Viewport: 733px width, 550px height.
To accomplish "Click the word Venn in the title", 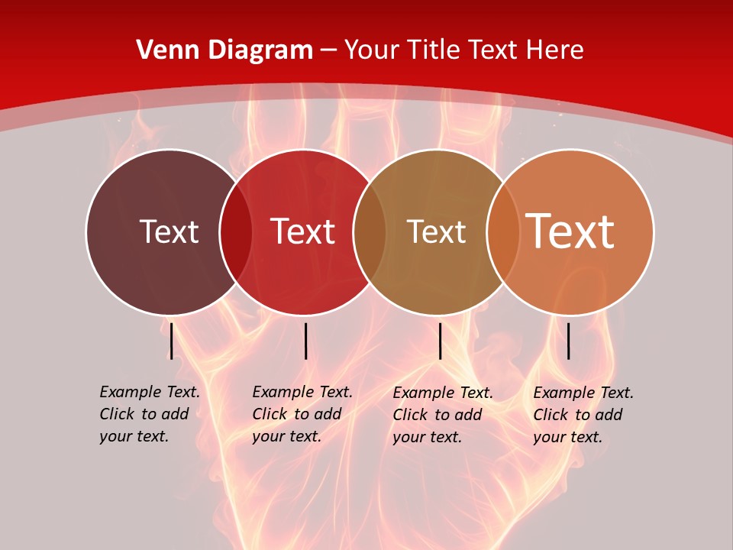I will tap(163, 50).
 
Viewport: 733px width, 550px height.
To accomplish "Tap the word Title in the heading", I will tap(432, 50).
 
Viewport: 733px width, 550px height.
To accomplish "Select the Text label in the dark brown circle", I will tap(169, 231).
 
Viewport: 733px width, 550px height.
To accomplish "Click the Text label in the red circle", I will tap(302, 231).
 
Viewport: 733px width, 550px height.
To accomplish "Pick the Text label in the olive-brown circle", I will tap(436, 231).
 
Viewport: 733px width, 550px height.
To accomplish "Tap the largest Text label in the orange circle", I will tap(570, 231).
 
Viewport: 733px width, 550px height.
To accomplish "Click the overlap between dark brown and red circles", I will tap(236, 232).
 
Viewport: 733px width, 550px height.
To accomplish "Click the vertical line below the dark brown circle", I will tap(172, 341).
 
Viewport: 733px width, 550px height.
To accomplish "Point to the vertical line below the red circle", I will tap(305, 341).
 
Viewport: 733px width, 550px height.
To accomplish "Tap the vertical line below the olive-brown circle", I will tap(440, 341).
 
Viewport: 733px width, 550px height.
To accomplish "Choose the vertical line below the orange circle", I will tap(569, 341).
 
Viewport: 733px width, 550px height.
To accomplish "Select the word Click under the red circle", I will tap(270, 414).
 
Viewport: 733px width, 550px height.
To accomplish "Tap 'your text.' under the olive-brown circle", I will tap(427, 437).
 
